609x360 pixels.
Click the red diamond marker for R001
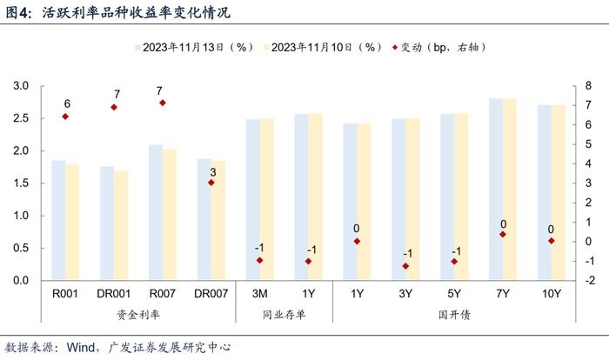coord(65,117)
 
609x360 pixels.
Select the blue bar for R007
coord(156,212)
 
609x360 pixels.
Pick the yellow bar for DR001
coord(121,225)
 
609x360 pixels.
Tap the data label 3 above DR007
coord(213,172)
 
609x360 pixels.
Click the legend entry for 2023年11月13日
coord(194,47)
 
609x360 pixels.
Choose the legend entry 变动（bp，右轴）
coord(438,47)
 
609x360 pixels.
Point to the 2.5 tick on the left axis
coord(21,118)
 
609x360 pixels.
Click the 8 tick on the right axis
coord(588,86)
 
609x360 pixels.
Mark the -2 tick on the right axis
coord(589,280)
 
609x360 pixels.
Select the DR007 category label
coord(211,294)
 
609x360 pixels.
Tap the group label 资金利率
coord(138,314)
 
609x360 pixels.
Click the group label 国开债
coord(454,314)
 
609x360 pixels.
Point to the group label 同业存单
coord(284,314)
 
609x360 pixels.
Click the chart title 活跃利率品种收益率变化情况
coord(136,12)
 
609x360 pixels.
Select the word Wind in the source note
coord(80,347)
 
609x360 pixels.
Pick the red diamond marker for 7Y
coord(503,235)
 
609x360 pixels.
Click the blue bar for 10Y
coord(545,193)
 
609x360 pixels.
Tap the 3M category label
coord(260,294)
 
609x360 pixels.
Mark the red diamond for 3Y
coord(406,266)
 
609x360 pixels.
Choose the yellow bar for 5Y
coord(461,197)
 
